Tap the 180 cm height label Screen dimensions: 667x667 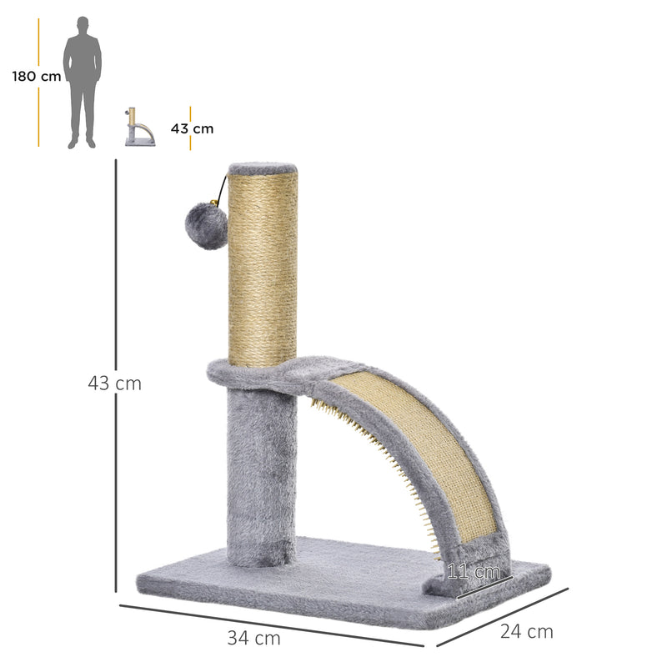point(37,77)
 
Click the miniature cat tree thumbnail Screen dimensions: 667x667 point(139,128)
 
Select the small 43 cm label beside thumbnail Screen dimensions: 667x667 point(193,128)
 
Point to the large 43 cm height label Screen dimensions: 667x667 point(115,384)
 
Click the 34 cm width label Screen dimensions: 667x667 point(254,639)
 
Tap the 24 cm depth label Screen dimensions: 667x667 point(527,631)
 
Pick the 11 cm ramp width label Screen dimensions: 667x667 point(474,573)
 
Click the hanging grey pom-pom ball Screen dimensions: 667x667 point(207,228)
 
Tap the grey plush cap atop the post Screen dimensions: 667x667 point(263,168)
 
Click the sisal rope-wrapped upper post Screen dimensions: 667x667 point(263,267)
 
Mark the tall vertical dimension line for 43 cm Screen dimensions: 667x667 point(116,375)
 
